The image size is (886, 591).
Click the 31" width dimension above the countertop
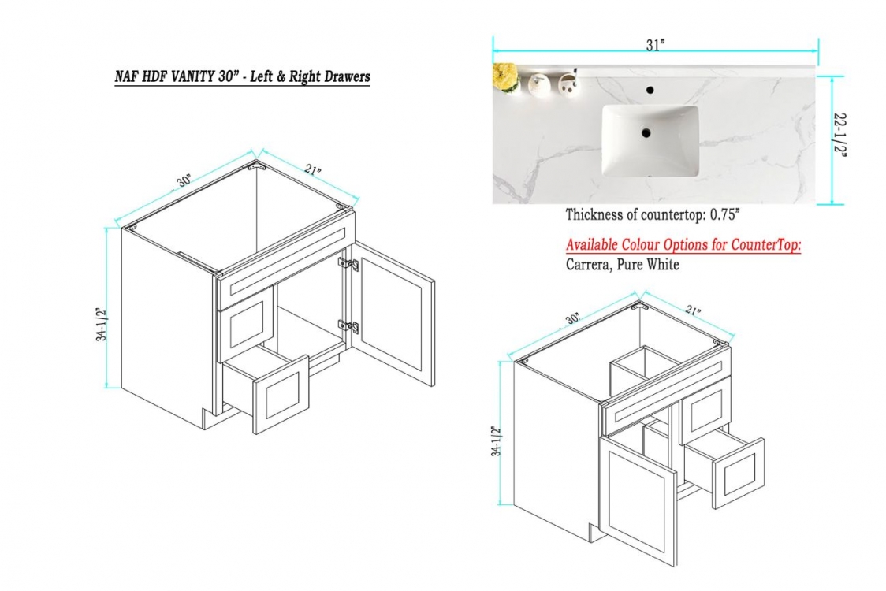point(655,45)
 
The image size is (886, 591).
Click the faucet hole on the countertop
point(650,90)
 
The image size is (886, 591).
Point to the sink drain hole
point(646,133)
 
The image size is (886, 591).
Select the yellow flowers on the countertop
point(506,77)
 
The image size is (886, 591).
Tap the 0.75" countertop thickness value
point(725,214)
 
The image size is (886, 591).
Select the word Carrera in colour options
point(586,265)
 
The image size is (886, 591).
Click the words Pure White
point(647,265)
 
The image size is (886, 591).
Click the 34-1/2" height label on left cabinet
point(101,325)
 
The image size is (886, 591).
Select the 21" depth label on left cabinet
point(312,169)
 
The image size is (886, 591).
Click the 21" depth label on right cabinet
point(694,310)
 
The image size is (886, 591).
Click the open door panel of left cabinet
point(393,314)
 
